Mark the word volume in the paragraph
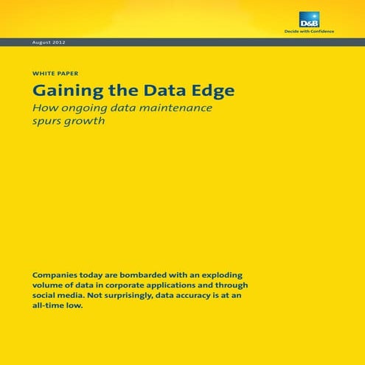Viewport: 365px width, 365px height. pos(49,285)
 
